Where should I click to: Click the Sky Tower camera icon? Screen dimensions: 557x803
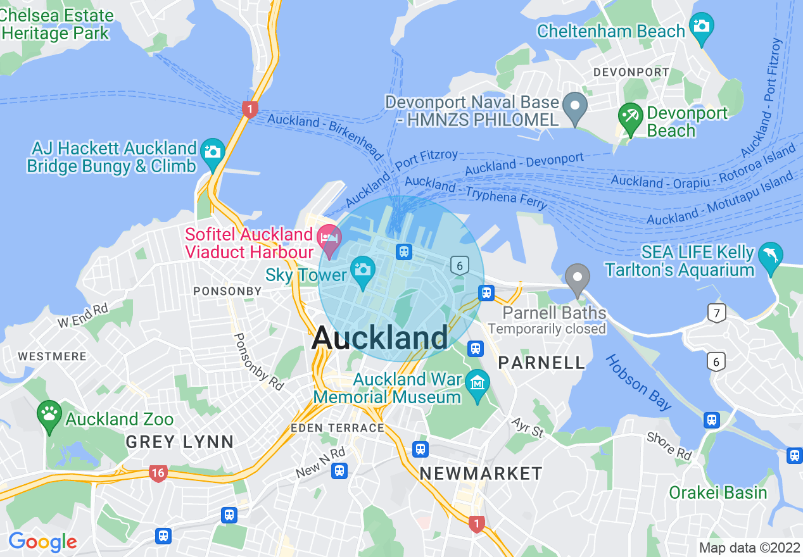363,270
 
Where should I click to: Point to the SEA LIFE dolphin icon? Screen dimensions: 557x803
771,254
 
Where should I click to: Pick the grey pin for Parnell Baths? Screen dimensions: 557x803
577,278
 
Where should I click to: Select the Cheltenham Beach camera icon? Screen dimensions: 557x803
702,27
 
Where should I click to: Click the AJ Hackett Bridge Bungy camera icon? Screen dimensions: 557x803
213,152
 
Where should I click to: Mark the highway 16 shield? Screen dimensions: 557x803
158,473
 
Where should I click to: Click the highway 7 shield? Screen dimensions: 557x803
716,313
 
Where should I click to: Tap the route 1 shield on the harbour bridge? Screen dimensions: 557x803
250,110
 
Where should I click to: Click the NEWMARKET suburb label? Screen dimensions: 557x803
481,473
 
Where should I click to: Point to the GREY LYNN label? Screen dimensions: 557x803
180,442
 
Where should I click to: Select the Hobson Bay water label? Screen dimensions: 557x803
638,382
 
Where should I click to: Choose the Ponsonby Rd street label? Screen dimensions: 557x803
259,361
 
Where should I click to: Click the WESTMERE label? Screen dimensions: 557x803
52,356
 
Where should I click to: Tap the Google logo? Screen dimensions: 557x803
42,542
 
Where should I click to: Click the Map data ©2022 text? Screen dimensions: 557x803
748,548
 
